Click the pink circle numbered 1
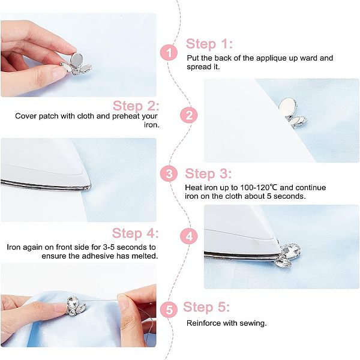tap(169, 53)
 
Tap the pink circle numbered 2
tap(189, 115)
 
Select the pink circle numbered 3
tap(169, 173)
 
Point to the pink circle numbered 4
tap(189, 236)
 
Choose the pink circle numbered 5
tap(169, 310)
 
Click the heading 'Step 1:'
tap(209, 44)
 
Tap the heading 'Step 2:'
tap(136, 106)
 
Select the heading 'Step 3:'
tap(208, 173)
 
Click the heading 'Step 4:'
tap(135, 233)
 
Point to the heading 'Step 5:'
tap(206, 307)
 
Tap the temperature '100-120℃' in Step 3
tap(259, 188)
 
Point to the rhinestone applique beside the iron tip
tap(287, 256)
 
